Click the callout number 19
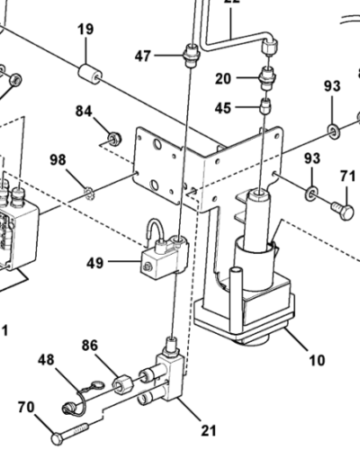pos(85,30)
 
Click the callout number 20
pos(223,78)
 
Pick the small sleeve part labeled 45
pos(265,108)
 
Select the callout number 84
pos(84,112)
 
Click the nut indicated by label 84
pos(114,138)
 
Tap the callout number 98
pos(58,160)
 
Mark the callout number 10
pos(317,361)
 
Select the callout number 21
pos(208,429)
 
